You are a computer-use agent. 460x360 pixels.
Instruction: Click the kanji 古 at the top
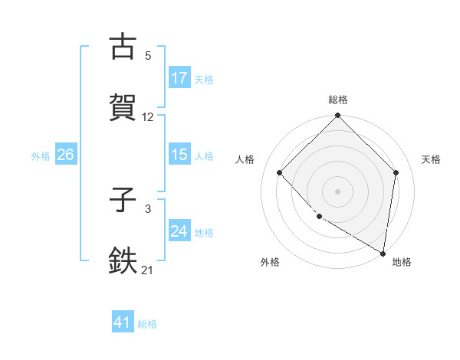(x=123, y=47)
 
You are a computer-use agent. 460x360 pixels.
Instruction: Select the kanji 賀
(x=123, y=107)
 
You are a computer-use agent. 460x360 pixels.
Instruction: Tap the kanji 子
(x=123, y=201)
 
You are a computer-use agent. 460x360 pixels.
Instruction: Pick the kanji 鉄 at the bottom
(x=123, y=260)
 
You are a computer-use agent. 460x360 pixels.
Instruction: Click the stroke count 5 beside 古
(x=148, y=56)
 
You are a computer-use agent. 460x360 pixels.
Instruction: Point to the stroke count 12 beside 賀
(x=148, y=117)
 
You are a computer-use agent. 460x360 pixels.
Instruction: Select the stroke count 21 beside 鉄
(x=148, y=270)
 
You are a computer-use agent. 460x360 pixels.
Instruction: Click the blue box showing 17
(x=179, y=77)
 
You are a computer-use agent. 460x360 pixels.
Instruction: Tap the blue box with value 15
(x=179, y=155)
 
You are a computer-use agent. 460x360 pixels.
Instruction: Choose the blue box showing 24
(x=179, y=231)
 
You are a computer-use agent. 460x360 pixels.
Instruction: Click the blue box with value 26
(x=65, y=155)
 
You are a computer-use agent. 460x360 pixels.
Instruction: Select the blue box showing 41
(x=123, y=322)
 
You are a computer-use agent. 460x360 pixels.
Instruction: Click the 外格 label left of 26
(x=41, y=155)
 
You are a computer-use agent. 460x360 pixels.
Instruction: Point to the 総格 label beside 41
(x=147, y=323)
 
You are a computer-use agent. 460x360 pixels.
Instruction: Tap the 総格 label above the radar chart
(x=338, y=100)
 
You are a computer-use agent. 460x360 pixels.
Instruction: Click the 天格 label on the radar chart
(x=431, y=159)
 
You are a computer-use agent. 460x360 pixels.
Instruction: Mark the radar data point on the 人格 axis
(x=280, y=173)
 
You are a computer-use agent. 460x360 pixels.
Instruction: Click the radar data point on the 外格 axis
(x=319, y=217)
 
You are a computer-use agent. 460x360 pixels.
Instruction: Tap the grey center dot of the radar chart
(x=338, y=191)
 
